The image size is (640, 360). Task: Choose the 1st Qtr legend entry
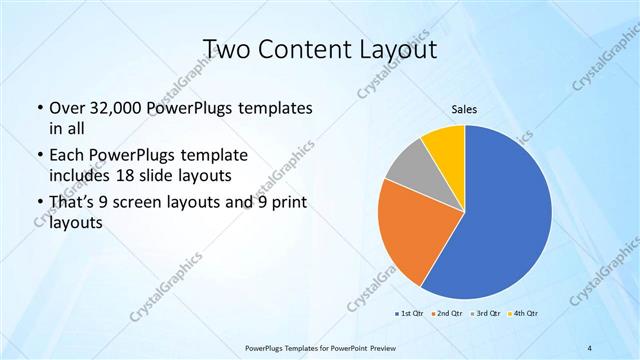(x=410, y=313)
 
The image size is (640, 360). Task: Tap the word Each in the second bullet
(x=66, y=156)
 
